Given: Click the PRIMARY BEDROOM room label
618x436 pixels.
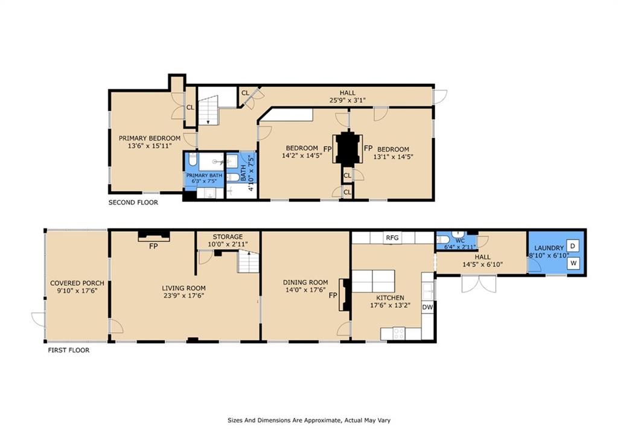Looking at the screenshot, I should point(149,137).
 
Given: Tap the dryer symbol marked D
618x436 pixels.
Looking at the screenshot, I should point(574,245).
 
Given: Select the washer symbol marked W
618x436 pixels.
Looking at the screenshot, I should point(574,264).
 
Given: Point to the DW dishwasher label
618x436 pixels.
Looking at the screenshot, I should point(427,307).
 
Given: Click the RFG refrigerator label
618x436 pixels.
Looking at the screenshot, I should point(392,238).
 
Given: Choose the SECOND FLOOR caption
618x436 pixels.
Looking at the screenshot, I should point(133,203).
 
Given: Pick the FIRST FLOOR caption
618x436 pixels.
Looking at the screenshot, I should point(68,350).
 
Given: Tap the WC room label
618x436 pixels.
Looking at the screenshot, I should point(460,240).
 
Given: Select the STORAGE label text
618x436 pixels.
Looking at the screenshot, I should point(228,236).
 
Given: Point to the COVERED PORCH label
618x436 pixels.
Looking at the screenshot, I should point(77,283).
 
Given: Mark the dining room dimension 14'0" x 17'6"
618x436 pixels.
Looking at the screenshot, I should point(305,290).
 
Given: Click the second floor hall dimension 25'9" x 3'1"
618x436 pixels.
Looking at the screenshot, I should point(347,101).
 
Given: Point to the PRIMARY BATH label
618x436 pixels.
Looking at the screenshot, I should point(204,175).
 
